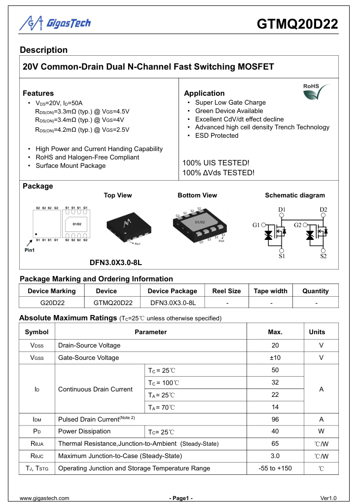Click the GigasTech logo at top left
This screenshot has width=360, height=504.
pos(55,23)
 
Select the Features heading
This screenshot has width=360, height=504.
pos(38,93)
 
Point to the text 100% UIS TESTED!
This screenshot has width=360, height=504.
pos(216,162)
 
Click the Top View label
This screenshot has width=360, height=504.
pos(118,195)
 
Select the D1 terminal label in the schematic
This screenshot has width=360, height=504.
pos(282,210)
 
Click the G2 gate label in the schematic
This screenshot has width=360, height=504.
pos(297,225)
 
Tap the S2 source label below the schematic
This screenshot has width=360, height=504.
pos(323,256)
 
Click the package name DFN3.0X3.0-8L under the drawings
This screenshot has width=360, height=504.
pos(115,262)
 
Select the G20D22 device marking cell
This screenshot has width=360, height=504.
pos(52,303)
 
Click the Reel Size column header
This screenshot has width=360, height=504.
pos(226,291)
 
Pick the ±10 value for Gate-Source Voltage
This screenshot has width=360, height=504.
pos(275,357)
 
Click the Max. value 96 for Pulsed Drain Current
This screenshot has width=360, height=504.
pos(275,419)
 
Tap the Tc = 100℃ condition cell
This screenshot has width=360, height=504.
pos(164,383)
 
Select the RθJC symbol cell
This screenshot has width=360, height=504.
pos(37,456)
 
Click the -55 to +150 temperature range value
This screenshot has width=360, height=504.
pos(275,468)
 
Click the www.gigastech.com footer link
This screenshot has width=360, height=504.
pos(44,498)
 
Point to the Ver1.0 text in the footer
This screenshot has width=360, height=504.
pos(328,498)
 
